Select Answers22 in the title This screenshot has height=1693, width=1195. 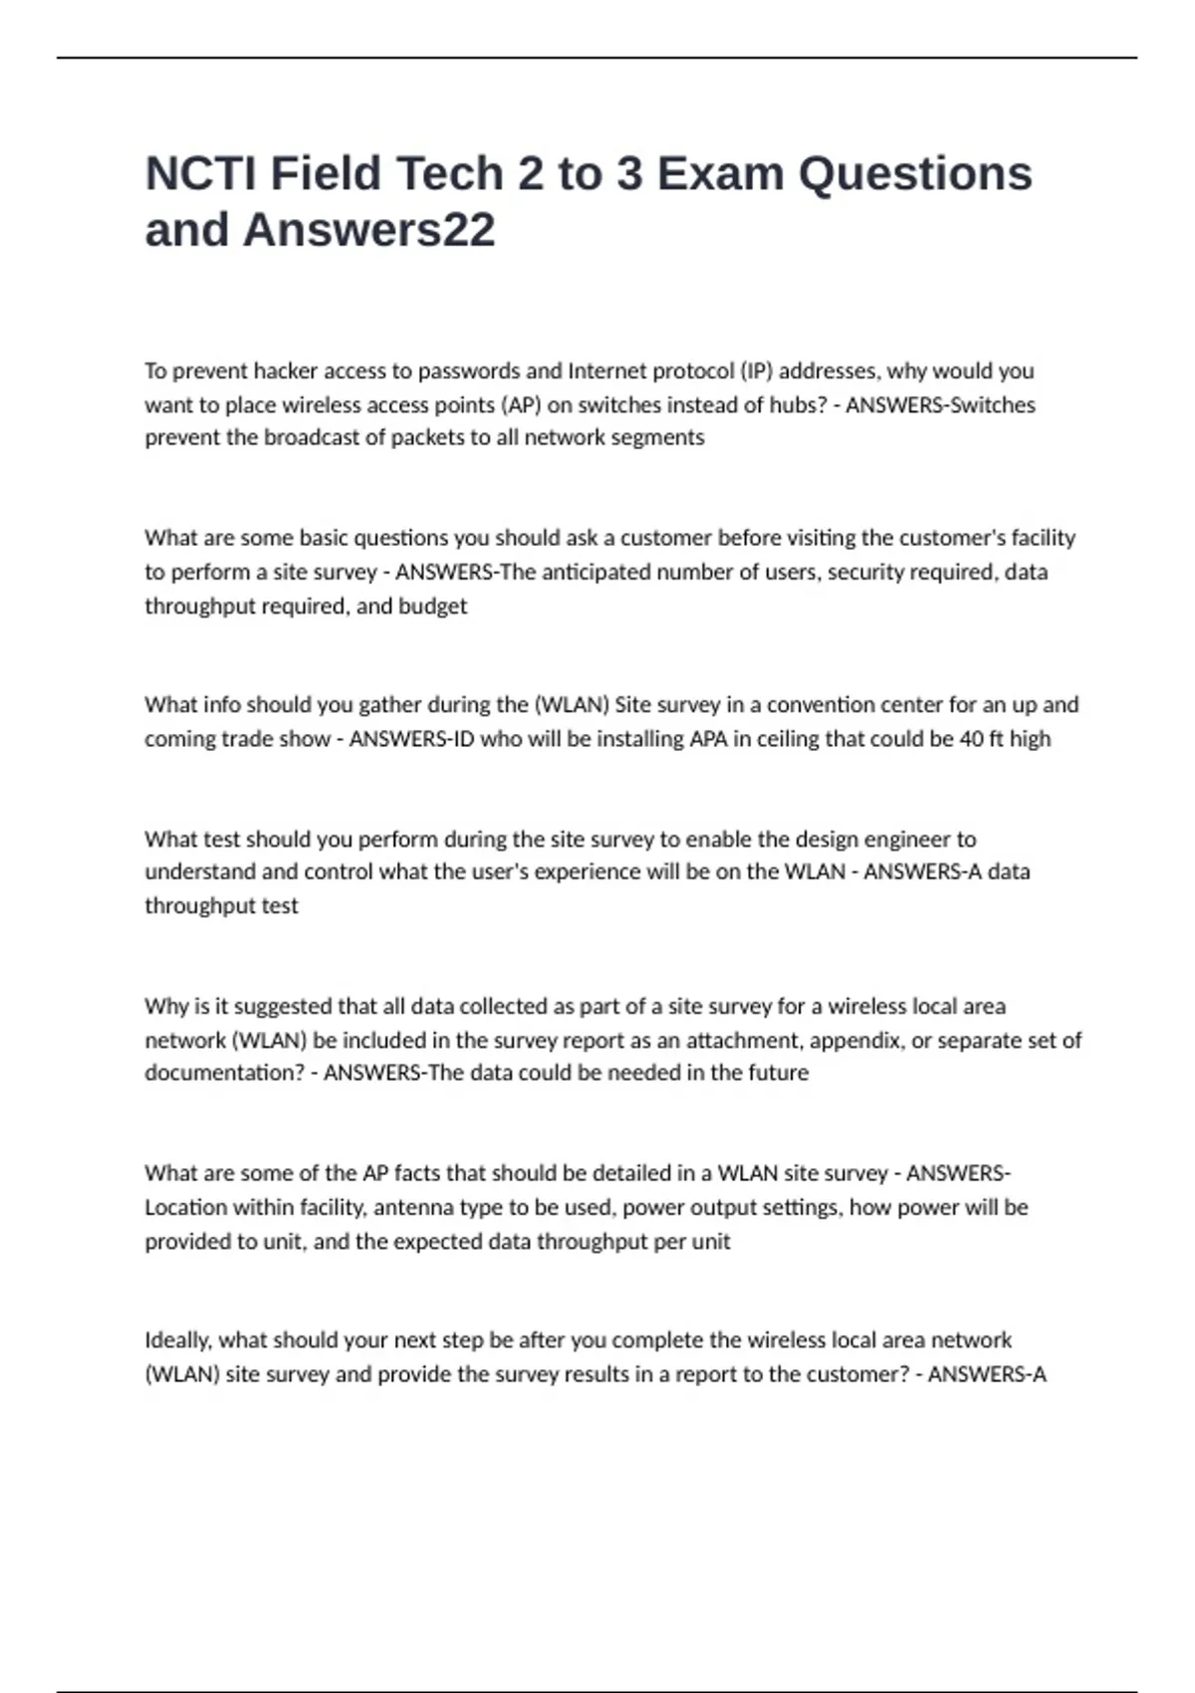pos(368,230)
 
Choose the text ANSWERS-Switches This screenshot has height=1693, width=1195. pos(940,405)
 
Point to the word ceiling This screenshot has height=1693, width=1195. pos(793,739)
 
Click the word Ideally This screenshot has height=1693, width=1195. pos(177,1340)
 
